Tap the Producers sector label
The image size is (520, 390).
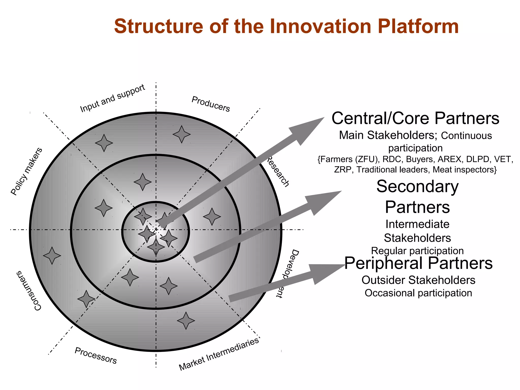click(210, 104)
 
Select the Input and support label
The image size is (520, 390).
click(112, 98)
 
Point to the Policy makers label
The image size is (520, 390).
click(26, 172)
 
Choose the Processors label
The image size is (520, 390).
click(96, 355)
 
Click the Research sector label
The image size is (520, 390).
click(278, 172)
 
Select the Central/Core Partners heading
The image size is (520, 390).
click(415, 118)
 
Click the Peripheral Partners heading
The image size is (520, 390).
click(418, 263)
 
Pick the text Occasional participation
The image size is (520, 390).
click(418, 293)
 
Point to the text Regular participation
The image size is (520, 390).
click(417, 251)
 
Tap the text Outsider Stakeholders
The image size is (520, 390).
click(418, 280)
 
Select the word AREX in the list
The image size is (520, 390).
click(449, 159)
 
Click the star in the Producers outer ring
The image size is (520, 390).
click(182, 134)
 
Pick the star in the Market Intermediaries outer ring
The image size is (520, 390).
click(186, 320)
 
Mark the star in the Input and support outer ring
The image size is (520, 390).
click(104, 143)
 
